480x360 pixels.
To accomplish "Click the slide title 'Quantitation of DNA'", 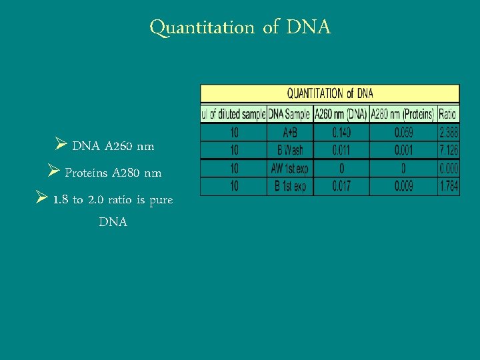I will [240, 27].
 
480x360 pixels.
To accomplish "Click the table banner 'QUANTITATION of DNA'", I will [330, 93].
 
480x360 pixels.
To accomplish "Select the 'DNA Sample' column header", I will [289, 114].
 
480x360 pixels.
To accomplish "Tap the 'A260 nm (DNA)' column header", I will [341, 114].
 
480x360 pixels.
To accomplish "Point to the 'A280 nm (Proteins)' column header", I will [403, 114].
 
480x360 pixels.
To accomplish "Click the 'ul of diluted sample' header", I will [234, 114].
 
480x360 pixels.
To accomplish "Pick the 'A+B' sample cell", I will [289, 133].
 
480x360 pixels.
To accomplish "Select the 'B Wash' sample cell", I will [289, 151].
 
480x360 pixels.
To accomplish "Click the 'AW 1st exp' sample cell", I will [289, 169].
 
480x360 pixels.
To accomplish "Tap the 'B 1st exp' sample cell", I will [289, 187].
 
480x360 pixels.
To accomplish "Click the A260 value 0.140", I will [341, 133].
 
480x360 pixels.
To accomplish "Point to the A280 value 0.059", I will [403, 133].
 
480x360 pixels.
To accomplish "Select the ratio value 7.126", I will [449, 151].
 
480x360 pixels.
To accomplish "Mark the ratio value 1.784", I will [449, 187].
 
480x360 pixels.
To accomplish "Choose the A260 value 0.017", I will [341, 187].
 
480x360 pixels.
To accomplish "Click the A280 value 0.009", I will [403, 187].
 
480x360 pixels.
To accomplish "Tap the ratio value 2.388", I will [449, 133].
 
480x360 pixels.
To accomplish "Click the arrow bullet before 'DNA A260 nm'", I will [61, 145].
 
